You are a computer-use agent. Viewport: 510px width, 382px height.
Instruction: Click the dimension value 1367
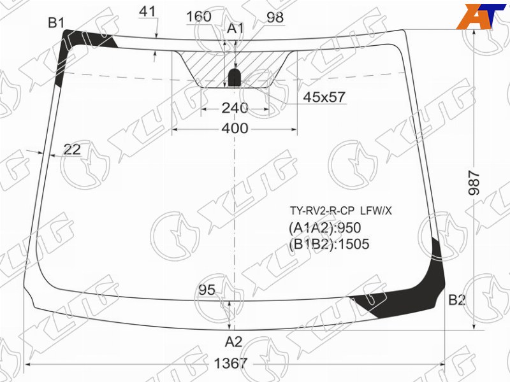pyautogui.click(x=231, y=364)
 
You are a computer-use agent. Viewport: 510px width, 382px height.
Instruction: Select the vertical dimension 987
pyautogui.click(x=474, y=183)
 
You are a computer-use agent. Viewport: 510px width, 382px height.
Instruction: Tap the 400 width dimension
pyautogui.click(x=235, y=129)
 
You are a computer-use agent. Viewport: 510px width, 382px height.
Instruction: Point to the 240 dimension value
pyautogui.click(x=235, y=108)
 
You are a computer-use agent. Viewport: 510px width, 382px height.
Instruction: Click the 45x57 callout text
pyautogui.click(x=324, y=97)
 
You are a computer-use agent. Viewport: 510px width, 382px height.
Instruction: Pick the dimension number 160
pyautogui.click(x=199, y=17)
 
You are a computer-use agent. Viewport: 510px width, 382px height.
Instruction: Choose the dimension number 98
pyautogui.click(x=275, y=17)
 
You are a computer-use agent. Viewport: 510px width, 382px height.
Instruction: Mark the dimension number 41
pyautogui.click(x=147, y=11)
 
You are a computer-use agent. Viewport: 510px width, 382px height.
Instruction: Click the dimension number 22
pyautogui.click(x=72, y=150)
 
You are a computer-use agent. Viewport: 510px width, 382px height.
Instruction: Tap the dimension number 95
pyautogui.click(x=207, y=290)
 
